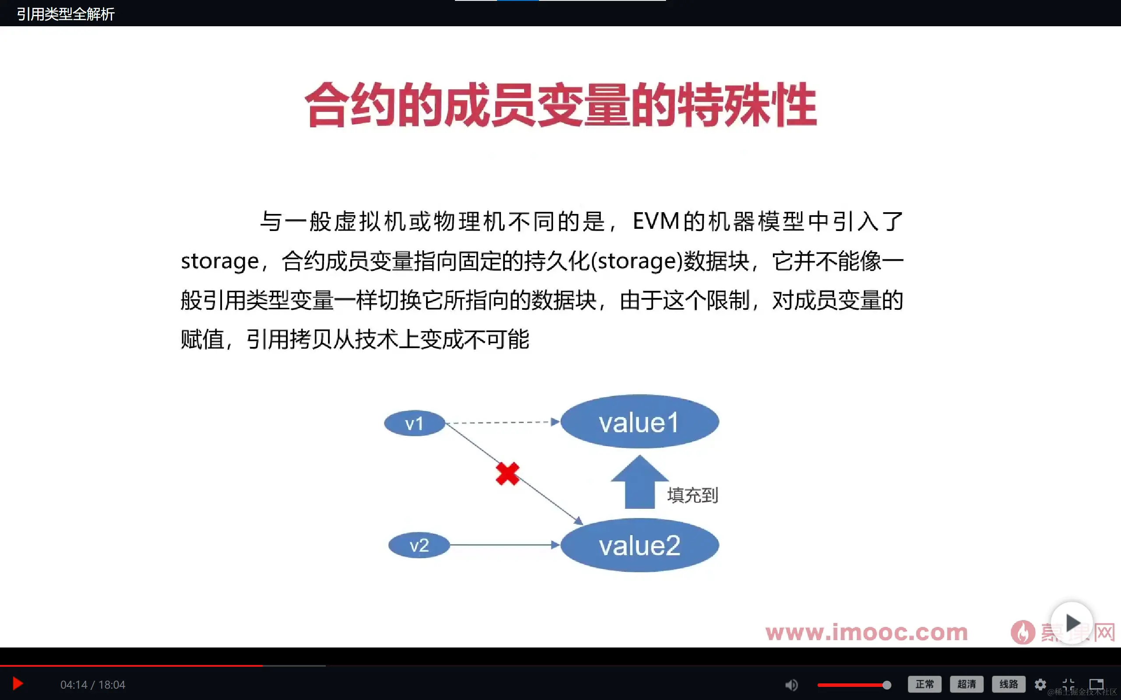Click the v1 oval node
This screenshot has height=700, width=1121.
[414, 423]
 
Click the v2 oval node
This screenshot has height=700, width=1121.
[419, 545]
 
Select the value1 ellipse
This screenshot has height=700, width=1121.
[639, 421]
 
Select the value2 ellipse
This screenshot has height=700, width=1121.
[639, 545]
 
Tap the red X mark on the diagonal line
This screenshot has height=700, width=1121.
[507, 474]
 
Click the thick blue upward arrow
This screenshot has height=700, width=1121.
[639, 484]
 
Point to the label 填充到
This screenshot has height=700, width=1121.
[692, 495]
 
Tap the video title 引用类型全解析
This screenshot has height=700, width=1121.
[66, 14]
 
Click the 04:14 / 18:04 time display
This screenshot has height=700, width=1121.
[93, 685]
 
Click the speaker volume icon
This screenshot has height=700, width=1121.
[791, 685]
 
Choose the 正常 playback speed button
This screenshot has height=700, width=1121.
[924, 684]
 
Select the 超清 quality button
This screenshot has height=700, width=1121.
[966, 684]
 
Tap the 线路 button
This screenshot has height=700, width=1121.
[1008, 684]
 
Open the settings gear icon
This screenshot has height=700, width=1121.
[1040, 684]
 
